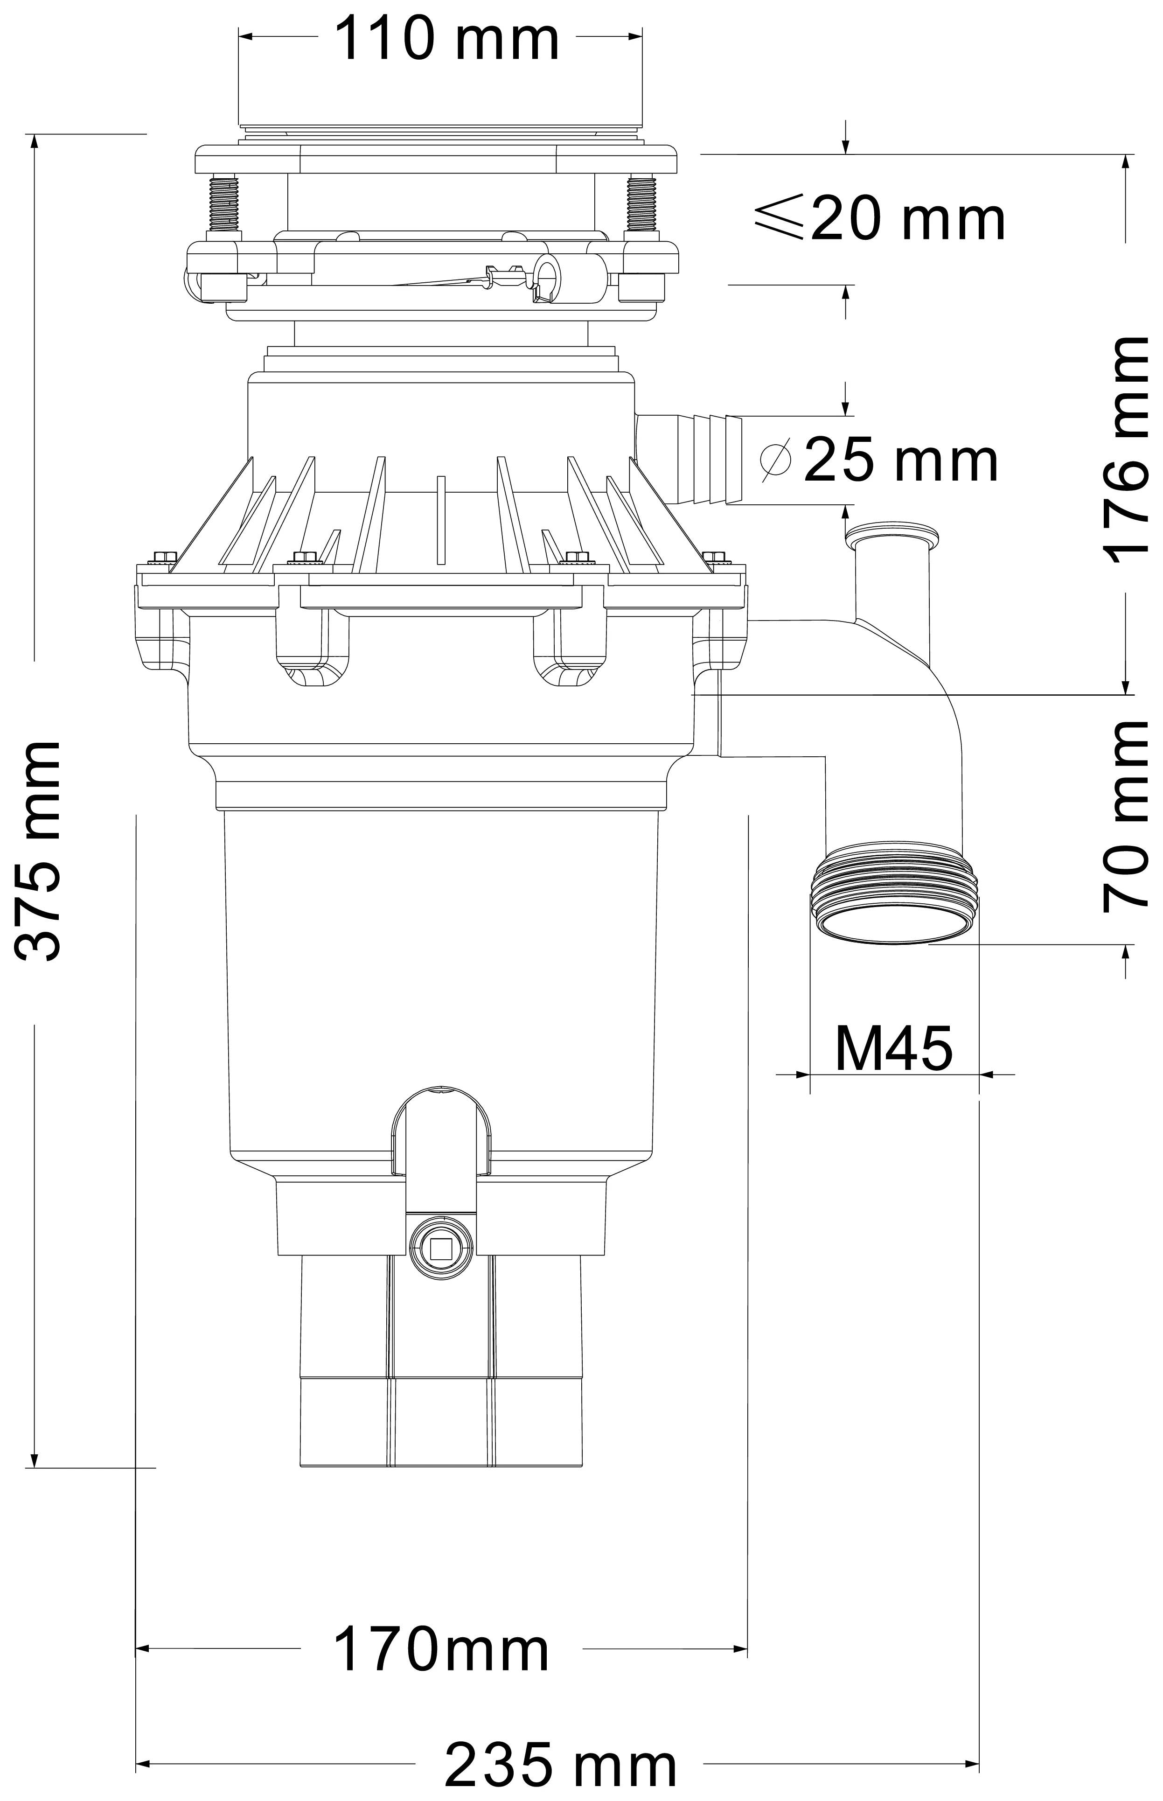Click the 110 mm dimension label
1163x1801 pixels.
tap(446, 39)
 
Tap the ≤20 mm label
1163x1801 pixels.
tap(880, 218)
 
